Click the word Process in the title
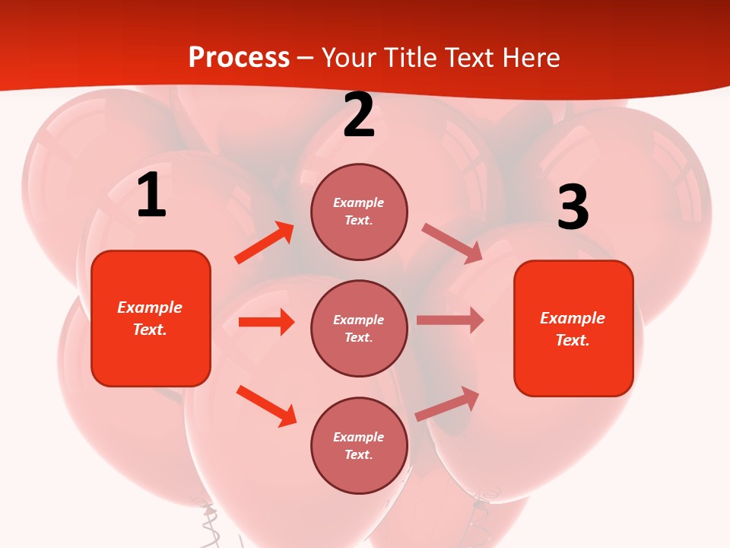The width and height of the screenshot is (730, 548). pos(239,58)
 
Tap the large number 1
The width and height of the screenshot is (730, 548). pos(151,196)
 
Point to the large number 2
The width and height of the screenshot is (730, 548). pos(359,116)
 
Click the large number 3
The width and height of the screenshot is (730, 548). pos(573,208)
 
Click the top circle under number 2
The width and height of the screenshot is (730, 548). pos(359,212)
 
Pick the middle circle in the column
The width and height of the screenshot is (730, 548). pos(359,328)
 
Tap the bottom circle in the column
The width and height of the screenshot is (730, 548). pos(359,445)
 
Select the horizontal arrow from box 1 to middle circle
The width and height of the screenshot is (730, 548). pos(266,322)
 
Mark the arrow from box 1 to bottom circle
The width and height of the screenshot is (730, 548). pos(266,406)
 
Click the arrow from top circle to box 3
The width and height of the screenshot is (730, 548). pos(452,244)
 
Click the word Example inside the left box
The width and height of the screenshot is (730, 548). pos(150,307)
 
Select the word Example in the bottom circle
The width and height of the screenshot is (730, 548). pos(358,437)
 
